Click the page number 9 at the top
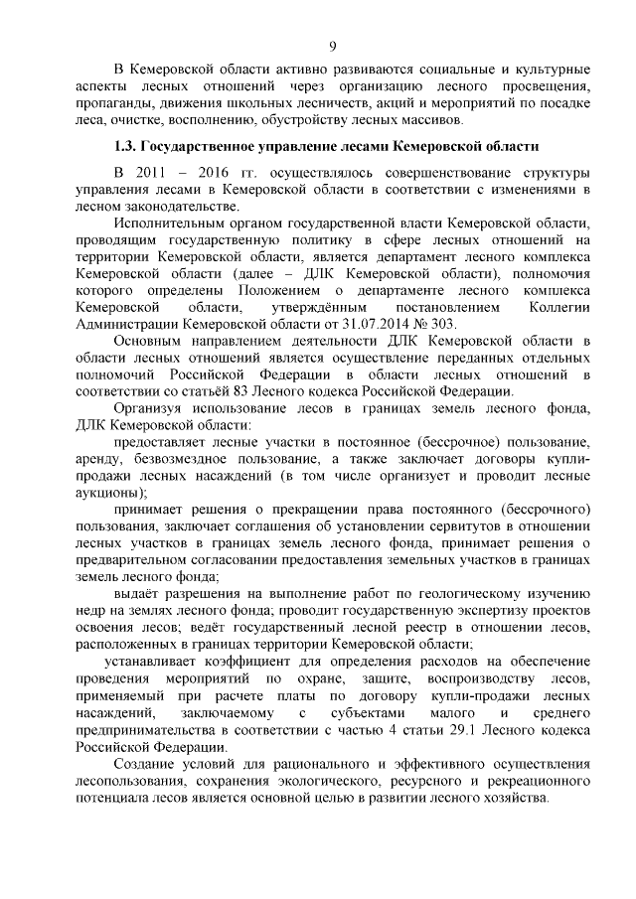coord(333,46)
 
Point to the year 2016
coord(225,173)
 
